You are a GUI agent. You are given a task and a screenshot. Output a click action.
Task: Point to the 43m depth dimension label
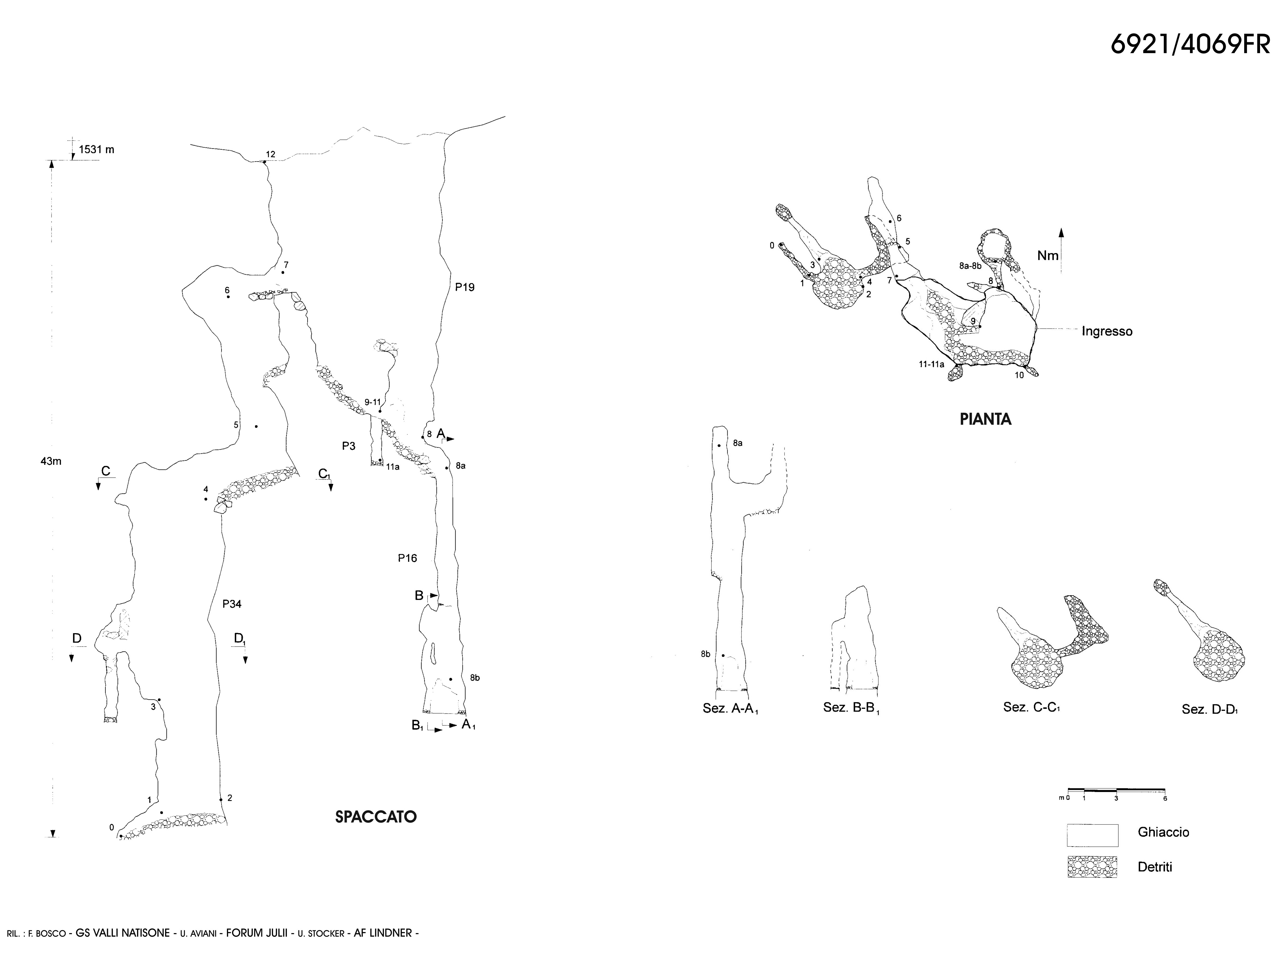[x=51, y=462]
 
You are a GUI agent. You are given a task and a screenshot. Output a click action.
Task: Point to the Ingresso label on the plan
[x=1106, y=332]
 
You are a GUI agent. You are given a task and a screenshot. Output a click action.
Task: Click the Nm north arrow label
[x=1048, y=256]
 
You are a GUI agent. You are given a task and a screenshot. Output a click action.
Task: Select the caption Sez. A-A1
[x=730, y=709]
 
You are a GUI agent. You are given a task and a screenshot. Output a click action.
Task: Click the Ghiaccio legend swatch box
[x=1092, y=835]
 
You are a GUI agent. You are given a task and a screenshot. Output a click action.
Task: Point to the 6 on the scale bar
[x=1164, y=798]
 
